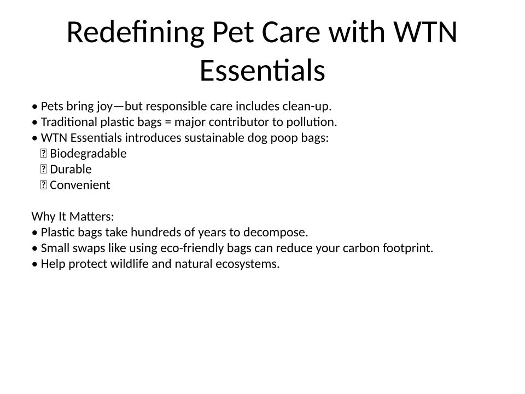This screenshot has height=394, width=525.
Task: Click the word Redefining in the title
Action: [x=136, y=32]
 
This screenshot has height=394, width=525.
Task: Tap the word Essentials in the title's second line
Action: [x=262, y=70]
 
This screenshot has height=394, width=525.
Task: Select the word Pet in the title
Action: [x=233, y=32]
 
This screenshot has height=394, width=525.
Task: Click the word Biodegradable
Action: [x=88, y=153]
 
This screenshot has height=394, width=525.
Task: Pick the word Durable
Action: [x=71, y=169]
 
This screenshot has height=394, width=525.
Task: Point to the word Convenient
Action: [x=80, y=185]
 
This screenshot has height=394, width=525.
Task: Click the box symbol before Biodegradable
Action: [x=43, y=153]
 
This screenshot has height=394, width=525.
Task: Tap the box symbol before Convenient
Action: [x=43, y=185]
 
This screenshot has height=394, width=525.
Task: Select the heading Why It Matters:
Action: [x=73, y=217]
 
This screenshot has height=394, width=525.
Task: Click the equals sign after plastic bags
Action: [x=168, y=122]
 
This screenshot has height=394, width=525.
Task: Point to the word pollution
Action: [x=311, y=122]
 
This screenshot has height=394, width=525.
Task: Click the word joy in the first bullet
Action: [x=105, y=107]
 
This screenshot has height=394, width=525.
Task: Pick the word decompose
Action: [x=276, y=233]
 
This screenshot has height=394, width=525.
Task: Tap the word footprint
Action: [x=408, y=248]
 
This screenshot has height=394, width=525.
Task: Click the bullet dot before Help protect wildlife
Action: [x=35, y=264]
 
